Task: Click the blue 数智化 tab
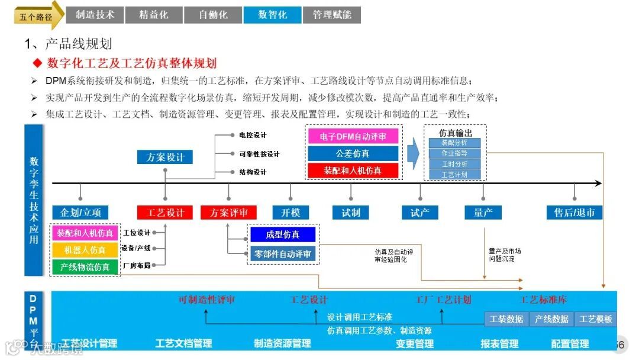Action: point(272,15)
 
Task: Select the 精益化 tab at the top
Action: point(154,15)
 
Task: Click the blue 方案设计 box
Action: point(165,157)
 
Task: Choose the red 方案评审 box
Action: point(229,213)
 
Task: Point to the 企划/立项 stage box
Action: point(80,213)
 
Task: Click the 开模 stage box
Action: point(291,213)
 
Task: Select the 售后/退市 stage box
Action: point(574,213)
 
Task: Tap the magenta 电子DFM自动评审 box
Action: point(353,137)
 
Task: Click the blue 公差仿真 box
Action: point(353,153)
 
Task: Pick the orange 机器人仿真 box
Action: point(85,250)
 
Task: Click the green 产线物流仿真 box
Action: point(85,267)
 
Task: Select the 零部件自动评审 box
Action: point(283,254)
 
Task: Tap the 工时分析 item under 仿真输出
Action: point(454,164)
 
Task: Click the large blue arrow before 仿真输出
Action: point(414,153)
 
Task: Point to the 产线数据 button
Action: point(551,319)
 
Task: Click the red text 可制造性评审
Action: point(206,300)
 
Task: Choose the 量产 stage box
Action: point(483,213)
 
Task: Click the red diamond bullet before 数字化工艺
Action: point(37,63)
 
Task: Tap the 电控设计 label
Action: point(253,135)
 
